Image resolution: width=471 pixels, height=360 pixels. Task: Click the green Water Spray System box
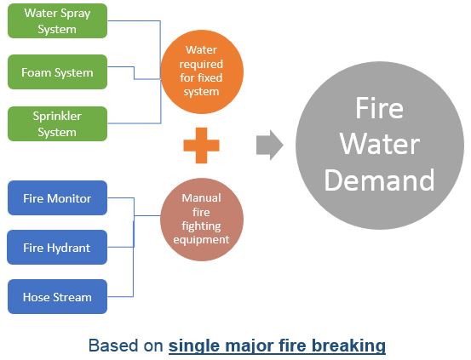57,20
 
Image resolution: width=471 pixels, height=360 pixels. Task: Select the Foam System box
57,71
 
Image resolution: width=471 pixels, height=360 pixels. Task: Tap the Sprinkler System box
57,123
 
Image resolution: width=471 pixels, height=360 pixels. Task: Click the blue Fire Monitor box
57,197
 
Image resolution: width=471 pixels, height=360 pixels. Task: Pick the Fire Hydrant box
57,247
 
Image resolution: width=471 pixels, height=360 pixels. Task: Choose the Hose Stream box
57,297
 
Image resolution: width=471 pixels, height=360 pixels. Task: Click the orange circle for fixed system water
202,71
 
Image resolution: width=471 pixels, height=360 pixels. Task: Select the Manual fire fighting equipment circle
202,220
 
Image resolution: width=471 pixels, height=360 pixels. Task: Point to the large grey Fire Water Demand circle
380,146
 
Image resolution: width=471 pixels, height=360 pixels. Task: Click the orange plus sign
201,146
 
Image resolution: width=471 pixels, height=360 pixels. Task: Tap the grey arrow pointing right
269,145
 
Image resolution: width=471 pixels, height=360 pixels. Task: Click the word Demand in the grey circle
379,180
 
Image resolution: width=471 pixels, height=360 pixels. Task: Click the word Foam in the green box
34,72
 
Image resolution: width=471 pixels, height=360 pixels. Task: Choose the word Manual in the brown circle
201,197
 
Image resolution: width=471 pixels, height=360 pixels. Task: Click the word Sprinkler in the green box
57,117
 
